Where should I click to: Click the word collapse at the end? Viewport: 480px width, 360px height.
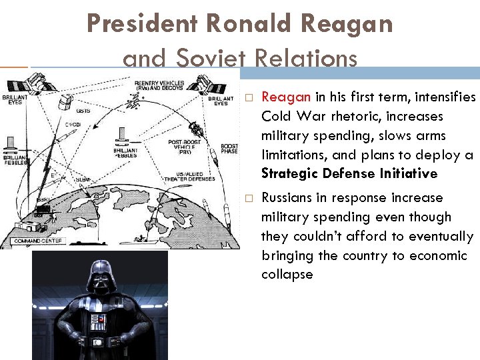point(287,275)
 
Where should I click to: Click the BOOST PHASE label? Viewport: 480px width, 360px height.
point(229,149)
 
